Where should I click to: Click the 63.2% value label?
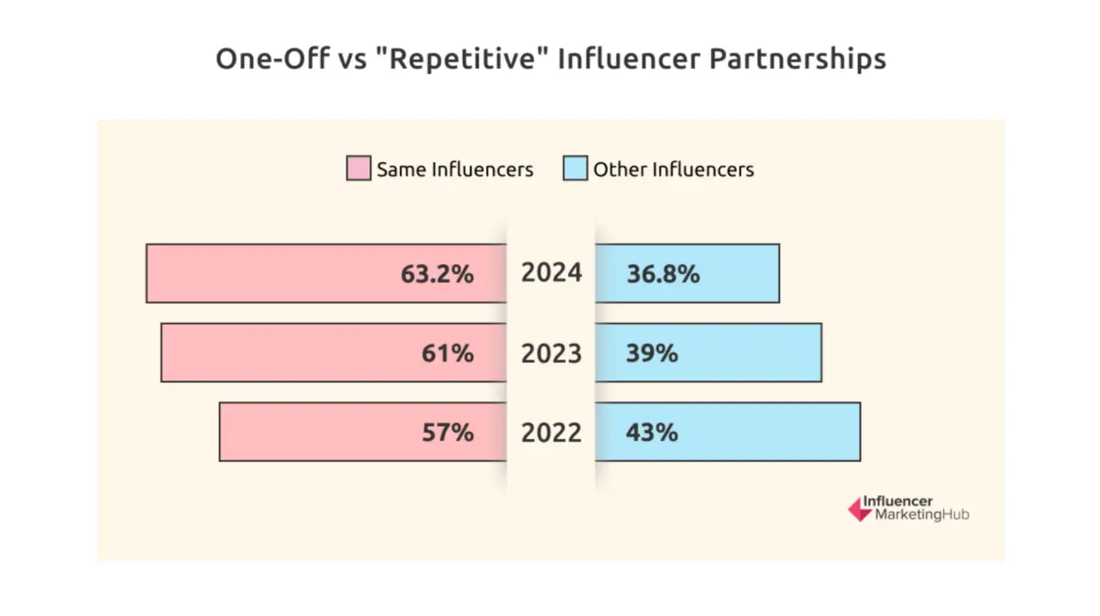[x=437, y=273]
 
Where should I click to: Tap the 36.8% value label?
[x=663, y=273]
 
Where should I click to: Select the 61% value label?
[x=449, y=353]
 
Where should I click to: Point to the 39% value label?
[x=652, y=353]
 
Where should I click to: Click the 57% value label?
[x=449, y=432]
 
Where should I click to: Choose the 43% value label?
[x=652, y=432]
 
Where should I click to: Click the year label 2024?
[x=551, y=273]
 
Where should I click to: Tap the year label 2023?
[x=551, y=353]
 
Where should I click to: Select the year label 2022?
[x=551, y=432]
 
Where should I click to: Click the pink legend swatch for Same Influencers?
[x=358, y=169]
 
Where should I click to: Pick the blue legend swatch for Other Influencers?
[x=575, y=169]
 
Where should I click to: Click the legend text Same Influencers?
[x=455, y=170]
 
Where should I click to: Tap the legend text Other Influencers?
[x=673, y=170]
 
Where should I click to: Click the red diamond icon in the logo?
[x=859, y=509]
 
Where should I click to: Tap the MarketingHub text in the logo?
[x=921, y=515]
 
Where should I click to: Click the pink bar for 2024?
[x=275, y=273]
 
